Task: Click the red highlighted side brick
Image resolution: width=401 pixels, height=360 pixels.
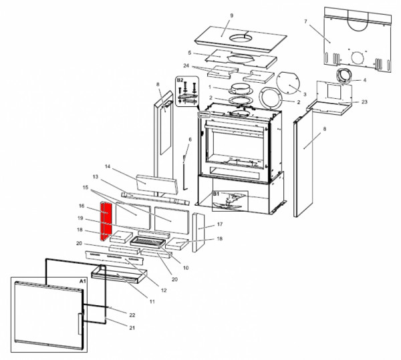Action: point(105,223)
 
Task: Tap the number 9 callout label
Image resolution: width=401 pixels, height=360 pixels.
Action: point(231,15)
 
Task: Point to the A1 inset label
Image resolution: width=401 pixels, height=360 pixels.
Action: point(83,282)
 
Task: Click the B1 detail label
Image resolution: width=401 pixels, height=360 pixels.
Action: point(216,194)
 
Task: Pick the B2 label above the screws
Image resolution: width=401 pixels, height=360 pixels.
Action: point(180,80)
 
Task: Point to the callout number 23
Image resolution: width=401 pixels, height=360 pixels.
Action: point(364,102)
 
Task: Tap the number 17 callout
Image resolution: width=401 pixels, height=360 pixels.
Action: point(219,225)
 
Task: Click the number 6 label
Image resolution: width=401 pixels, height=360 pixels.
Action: point(190,139)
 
